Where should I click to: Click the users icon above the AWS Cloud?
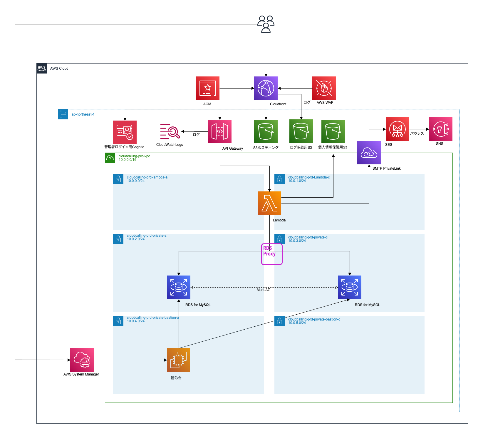[266, 24]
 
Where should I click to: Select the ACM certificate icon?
[208, 88]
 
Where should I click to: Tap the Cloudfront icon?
[266, 88]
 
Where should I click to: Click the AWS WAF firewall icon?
[324, 88]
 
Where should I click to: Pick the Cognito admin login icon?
[125, 132]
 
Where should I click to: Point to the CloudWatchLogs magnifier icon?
[170, 131]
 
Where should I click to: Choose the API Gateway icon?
[220, 131]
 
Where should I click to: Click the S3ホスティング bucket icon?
[266, 131]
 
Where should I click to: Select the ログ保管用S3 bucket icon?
[301, 131]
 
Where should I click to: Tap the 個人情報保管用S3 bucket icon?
[333, 131]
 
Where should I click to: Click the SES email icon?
[398, 129]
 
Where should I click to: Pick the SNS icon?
[441, 129]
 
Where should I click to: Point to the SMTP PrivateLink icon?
[369, 153]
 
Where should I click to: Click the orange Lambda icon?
[269, 203]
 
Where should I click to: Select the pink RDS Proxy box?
[272, 254]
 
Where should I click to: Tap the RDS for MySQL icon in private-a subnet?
[179, 287]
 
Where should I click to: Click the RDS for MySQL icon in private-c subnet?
[350, 287]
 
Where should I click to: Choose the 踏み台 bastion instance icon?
[179, 360]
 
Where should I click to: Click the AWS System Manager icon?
[82, 360]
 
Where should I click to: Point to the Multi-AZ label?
[263, 290]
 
